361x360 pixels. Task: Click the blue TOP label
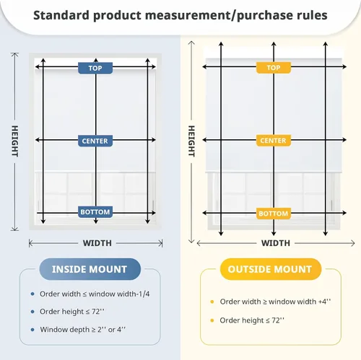click(x=95, y=68)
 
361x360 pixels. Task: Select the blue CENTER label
click(x=95, y=141)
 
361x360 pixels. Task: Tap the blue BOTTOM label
click(x=95, y=212)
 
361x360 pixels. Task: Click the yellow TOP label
click(x=274, y=68)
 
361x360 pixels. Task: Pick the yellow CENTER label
click(x=274, y=141)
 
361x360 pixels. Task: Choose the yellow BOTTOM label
click(x=274, y=214)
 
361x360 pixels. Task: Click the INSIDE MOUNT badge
click(x=90, y=269)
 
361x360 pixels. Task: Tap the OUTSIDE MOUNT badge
click(x=271, y=269)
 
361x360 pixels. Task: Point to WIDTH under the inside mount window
click(x=97, y=243)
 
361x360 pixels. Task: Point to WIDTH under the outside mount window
click(x=276, y=243)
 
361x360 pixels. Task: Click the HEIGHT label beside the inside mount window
click(x=15, y=141)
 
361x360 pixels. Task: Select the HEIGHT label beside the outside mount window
click(x=191, y=141)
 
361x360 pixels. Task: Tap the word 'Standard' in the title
click(x=61, y=15)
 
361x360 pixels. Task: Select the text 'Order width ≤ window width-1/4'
click(x=95, y=294)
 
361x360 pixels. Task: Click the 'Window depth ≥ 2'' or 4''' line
click(x=83, y=330)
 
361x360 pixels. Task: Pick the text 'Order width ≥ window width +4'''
click(x=275, y=302)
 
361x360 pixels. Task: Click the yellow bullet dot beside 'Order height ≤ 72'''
click(x=212, y=320)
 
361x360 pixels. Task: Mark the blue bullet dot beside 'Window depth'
click(x=32, y=330)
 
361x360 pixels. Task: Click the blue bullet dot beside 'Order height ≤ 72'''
click(x=32, y=312)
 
